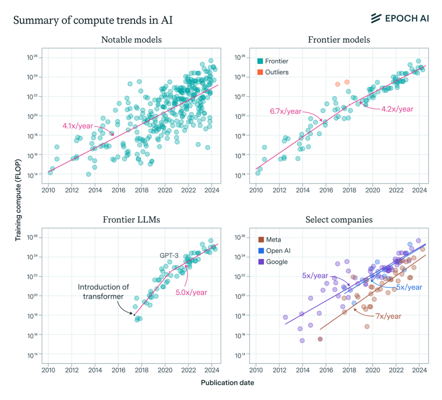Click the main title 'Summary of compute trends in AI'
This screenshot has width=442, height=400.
pos(93,20)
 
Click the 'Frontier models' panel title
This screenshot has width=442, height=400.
pos(339,40)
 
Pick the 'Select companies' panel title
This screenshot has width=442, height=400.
pos(339,219)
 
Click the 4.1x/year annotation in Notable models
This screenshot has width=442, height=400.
pos(78,126)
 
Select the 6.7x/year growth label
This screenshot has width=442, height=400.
pos(286,112)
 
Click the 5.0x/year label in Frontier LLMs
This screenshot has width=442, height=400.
pos(191,292)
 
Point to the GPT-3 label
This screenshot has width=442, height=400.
pos(169,255)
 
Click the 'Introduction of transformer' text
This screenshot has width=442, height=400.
pos(101,292)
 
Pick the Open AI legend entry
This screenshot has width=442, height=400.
pos(275,251)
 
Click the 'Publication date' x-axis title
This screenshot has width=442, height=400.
pos(227,383)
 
